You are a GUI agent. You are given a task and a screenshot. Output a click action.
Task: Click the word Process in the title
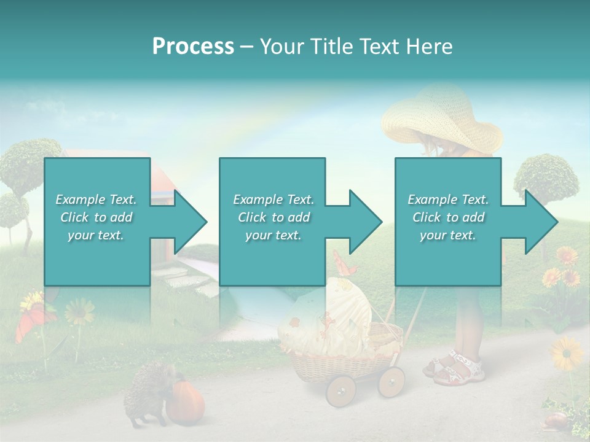(x=193, y=47)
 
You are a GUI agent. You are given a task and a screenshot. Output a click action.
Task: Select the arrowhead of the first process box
(x=189, y=222)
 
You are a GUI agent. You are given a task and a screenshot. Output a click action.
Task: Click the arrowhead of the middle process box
(x=364, y=222)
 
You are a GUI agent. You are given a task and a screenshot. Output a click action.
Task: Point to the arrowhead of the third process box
(x=540, y=222)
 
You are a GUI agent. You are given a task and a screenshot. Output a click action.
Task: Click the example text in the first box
(x=96, y=217)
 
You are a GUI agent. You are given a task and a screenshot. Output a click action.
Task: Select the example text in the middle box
(x=273, y=217)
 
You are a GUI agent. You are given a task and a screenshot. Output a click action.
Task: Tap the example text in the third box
(x=447, y=217)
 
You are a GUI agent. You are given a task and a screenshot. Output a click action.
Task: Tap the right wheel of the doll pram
(x=391, y=382)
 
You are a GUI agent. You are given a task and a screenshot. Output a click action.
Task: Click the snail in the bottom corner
(x=554, y=420)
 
